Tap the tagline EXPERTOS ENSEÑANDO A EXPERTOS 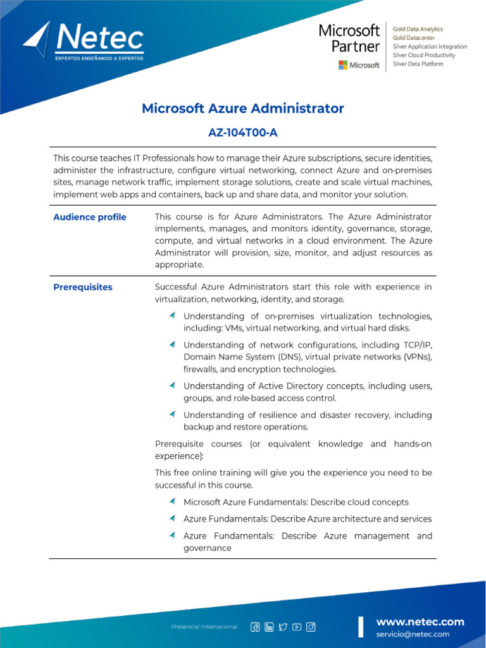pos(99,58)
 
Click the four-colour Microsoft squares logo pos(343,65)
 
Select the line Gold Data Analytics pos(418,29)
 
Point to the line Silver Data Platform pos(418,64)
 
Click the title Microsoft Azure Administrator pos(242,108)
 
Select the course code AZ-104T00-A pos(242,132)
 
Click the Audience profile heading pos(89,217)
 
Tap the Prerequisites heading pos(82,287)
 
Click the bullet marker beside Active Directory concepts pos(172,385)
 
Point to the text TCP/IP pos(417,345)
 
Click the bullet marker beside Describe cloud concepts pos(172,501)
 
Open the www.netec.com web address pos(420,621)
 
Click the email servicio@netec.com pos(413,634)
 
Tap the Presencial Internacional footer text pos(204,627)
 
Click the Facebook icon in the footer pos(255,627)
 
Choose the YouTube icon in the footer pos(297,627)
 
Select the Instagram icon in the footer pos(311,627)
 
